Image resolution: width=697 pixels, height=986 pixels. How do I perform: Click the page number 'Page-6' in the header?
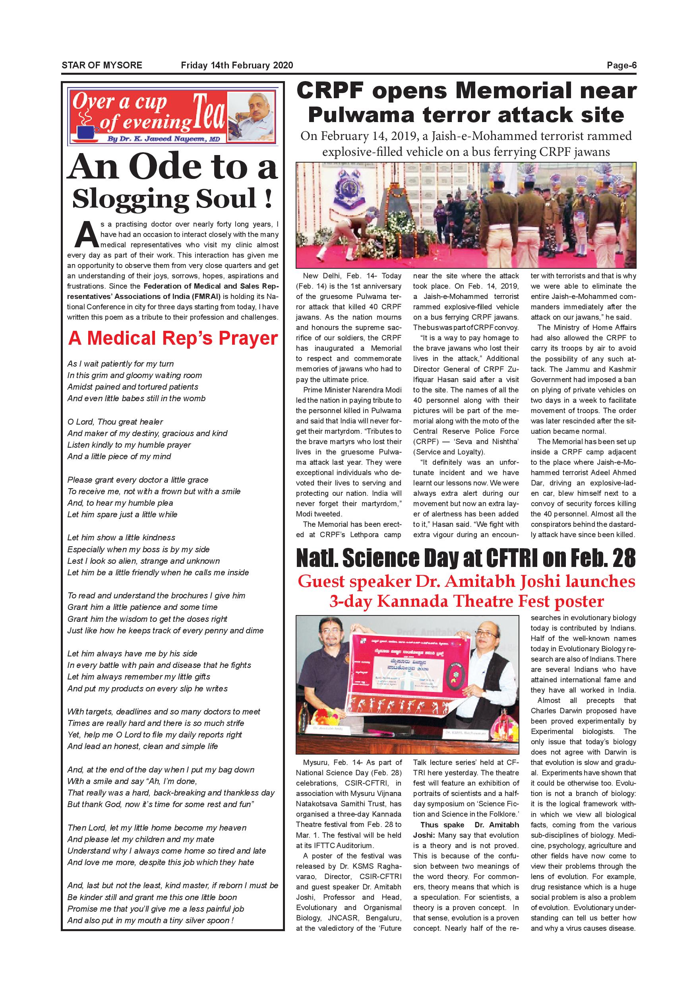[x=621, y=65]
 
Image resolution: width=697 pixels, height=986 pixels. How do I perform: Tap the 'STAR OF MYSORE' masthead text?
[x=102, y=65]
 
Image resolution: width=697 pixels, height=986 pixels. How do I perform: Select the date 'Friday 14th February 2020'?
[x=237, y=65]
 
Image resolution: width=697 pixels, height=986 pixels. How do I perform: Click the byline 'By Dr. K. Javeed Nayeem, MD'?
[x=163, y=139]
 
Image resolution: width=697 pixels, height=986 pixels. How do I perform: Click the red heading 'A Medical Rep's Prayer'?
[x=173, y=338]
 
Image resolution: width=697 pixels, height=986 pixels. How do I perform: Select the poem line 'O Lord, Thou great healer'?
[x=115, y=422]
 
